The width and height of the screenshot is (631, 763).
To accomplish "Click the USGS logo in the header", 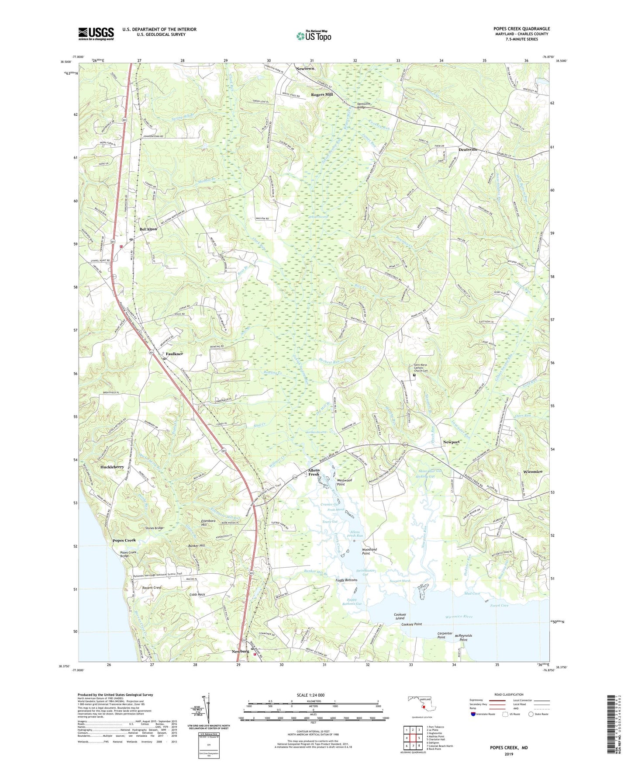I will click(x=96, y=34).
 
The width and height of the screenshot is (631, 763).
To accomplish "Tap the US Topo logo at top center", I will click(x=314, y=35).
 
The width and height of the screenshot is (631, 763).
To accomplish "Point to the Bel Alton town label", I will click(x=148, y=229).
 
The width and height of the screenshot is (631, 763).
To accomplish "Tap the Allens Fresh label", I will click(x=314, y=472).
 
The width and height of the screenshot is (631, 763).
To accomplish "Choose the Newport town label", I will click(x=452, y=442).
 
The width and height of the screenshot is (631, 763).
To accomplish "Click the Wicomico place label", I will click(x=533, y=472).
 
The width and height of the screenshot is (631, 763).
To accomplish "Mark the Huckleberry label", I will click(x=112, y=467).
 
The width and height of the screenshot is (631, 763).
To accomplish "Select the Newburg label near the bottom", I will click(x=240, y=652).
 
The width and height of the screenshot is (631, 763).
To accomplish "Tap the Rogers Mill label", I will click(x=322, y=94).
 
